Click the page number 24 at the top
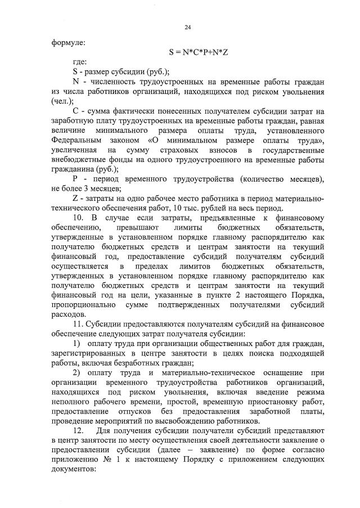188,26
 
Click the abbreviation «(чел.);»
63,101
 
